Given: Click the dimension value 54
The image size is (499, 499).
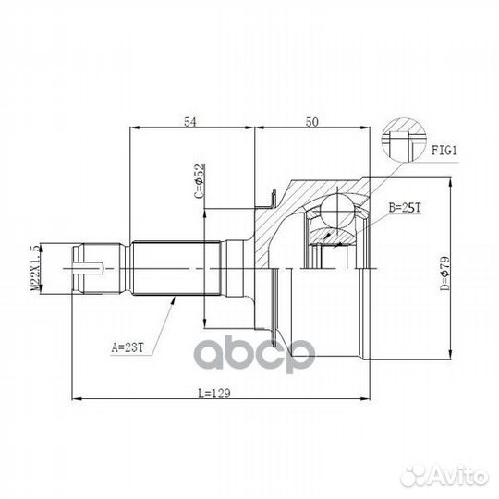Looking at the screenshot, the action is pyautogui.click(x=190, y=122).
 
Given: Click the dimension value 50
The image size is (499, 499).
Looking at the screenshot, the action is pyautogui.click(x=312, y=122).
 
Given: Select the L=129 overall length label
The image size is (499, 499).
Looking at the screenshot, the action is pyautogui.click(x=213, y=394).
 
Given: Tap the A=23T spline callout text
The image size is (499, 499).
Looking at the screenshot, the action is pyautogui.click(x=128, y=347).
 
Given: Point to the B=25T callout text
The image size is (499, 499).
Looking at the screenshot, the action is pyautogui.click(x=405, y=208).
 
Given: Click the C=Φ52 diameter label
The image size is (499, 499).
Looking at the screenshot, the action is pyautogui.click(x=200, y=181).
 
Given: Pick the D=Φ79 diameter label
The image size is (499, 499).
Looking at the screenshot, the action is pyautogui.click(x=444, y=274).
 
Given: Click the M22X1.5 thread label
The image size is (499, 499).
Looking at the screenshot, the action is pyautogui.click(x=36, y=268).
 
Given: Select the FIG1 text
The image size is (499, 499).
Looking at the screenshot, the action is pyautogui.click(x=444, y=151).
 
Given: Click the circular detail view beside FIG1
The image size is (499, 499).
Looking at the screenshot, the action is pyautogui.click(x=404, y=140).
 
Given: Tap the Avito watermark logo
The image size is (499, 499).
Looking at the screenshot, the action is pyautogui.click(x=444, y=477).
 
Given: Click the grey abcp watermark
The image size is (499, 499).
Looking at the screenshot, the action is pyautogui.click(x=255, y=354).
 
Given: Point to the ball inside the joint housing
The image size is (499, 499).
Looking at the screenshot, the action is pyautogui.click(x=337, y=210).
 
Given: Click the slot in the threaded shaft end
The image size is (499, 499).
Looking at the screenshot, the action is pyautogui.click(x=88, y=268).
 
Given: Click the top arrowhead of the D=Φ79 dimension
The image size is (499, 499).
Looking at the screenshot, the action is pyautogui.click(x=450, y=184).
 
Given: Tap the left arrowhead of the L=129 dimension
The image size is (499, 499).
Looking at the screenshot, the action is pyautogui.click(x=78, y=399).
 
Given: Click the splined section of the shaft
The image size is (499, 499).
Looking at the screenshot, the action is pyautogui.click(x=176, y=268).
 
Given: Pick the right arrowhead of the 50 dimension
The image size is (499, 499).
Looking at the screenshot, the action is pyautogui.click(x=365, y=128).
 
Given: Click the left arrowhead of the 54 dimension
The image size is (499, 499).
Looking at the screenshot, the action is pyautogui.click(x=135, y=128).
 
